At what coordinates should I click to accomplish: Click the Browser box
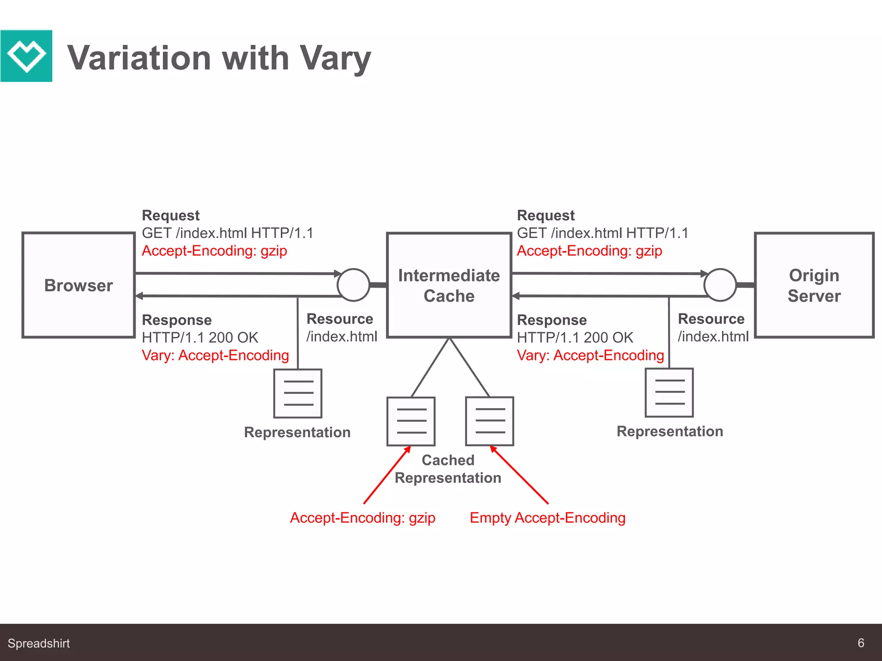pos(79,285)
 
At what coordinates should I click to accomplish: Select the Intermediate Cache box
pos(449,285)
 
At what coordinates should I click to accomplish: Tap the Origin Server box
pos(814,285)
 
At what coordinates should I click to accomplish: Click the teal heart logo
pos(26,56)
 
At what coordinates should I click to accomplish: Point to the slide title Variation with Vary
pos(219,58)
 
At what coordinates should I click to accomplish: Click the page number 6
pos(861,643)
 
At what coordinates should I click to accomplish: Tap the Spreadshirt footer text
pos(39,643)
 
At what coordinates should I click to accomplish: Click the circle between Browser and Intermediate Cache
pos(353,285)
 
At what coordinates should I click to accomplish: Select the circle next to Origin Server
pos(720,285)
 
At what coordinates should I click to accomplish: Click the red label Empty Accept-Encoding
pos(547,518)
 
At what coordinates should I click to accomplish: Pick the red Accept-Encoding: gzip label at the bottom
pos(363,518)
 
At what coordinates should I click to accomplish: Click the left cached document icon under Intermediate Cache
pos(411,421)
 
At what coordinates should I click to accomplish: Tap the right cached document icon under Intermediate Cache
pos(490,421)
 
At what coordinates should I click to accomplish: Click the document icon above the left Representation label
pos(298,393)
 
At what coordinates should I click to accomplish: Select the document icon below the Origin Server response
pos(669,392)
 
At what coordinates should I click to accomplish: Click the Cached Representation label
pos(448,469)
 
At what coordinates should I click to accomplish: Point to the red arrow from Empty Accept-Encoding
pos(519,475)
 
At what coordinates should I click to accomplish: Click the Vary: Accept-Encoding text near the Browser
pos(215,355)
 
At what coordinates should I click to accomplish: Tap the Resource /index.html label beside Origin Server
pos(713,327)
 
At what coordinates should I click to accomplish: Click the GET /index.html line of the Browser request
pos(228,233)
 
